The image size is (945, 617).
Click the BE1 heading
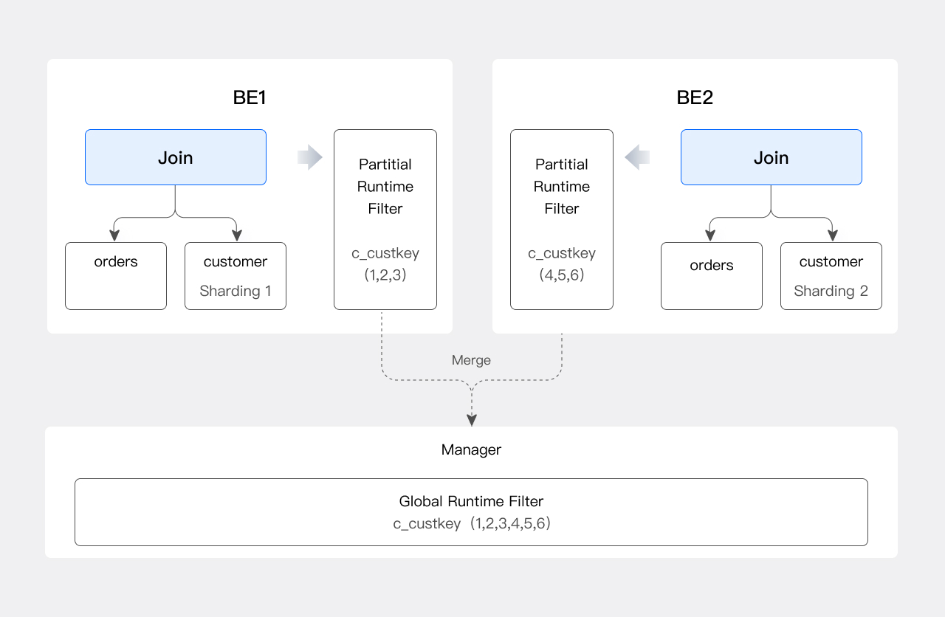(x=250, y=98)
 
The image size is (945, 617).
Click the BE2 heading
(x=695, y=98)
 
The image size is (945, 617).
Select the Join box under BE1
(x=176, y=157)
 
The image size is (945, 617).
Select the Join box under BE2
(x=771, y=157)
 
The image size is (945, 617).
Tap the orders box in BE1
(x=116, y=275)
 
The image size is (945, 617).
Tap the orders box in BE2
(x=711, y=275)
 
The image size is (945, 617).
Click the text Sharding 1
(x=236, y=291)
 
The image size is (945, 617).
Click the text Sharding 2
(x=831, y=291)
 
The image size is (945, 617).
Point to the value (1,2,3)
(x=385, y=275)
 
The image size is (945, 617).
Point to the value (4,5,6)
(x=562, y=275)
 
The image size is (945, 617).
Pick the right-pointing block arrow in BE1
(x=310, y=157)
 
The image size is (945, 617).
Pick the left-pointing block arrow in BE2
(x=636, y=157)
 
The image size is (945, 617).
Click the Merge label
(x=471, y=360)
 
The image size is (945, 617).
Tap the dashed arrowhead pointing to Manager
(x=472, y=420)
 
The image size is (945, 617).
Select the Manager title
(x=471, y=449)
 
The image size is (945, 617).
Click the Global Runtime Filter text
(x=471, y=501)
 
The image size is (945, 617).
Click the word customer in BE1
(x=236, y=261)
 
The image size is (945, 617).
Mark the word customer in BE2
(x=831, y=261)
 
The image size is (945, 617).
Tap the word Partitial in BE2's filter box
(x=562, y=165)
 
